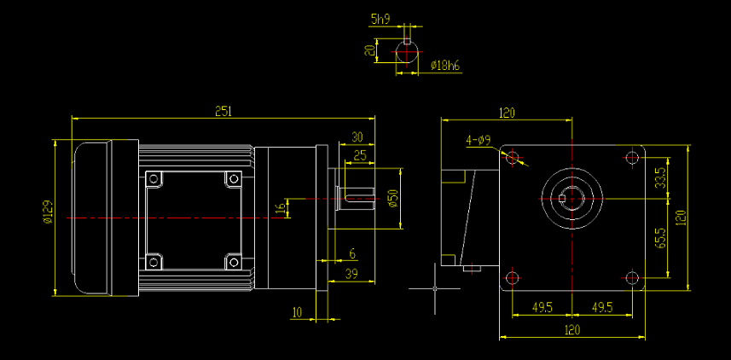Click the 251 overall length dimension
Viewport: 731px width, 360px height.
click(x=223, y=111)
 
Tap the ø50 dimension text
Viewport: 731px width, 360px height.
click(x=392, y=198)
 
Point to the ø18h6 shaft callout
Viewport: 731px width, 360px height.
click(x=445, y=65)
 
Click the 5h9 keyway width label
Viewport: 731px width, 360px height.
click(x=380, y=17)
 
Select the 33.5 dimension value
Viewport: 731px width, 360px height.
click(x=660, y=178)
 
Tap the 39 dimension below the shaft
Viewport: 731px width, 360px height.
click(x=350, y=273)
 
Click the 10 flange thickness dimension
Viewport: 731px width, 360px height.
click(x=297, y=313)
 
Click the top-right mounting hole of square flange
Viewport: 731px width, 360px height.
click(x=631, y=157)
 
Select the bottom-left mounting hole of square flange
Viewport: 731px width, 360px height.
click(x=512, y=278)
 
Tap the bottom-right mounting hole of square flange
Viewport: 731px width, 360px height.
click(x=631, y=278)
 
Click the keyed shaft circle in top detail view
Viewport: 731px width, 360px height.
click(x=407, y=52)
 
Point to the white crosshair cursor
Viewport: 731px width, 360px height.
click(x=435, y=288)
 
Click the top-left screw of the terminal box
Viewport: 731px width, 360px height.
click(x=154, y=179)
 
